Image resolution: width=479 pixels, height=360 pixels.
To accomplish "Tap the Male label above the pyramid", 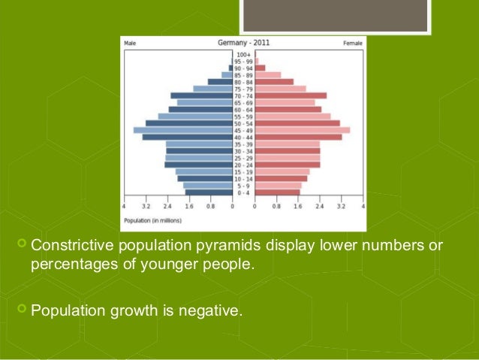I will point(130,43).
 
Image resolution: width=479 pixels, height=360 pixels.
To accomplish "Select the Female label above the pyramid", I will point(352,43).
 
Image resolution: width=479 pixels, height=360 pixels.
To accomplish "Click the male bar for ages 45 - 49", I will point(183,130).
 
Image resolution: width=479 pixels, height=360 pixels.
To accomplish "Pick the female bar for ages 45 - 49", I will point(302,130).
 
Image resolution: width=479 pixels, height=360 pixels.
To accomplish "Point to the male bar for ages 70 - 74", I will point(201,95).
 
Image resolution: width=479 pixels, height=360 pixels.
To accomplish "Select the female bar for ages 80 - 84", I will point(274,82).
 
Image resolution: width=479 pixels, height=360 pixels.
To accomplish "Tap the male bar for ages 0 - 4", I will point(209,192).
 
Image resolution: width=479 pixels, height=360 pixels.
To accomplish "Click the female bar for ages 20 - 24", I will point(287,165).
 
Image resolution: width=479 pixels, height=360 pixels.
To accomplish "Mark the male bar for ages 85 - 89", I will point(227,75).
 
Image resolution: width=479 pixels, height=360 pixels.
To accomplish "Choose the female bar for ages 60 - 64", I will point(288,109).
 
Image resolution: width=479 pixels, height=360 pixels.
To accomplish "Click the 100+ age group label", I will point(243,54).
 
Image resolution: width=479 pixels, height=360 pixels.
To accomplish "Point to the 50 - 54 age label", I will point(243,123).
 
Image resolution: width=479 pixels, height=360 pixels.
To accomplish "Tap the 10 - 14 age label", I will point(243,179).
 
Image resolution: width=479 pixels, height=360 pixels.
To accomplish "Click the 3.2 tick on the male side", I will point(146,205).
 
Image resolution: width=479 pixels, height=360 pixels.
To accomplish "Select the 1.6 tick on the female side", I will point(298,205).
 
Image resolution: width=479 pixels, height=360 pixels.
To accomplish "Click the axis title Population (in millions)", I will point(152,220).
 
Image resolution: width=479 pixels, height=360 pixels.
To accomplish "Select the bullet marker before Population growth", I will point(21,307).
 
